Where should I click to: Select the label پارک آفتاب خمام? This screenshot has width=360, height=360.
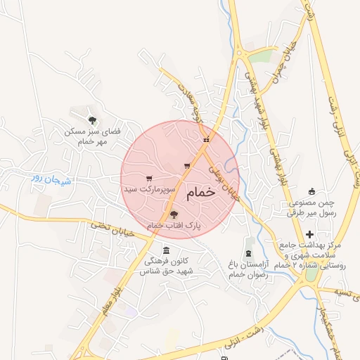click(174, 225)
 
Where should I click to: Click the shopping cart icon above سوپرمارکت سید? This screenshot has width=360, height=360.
click(148, 179)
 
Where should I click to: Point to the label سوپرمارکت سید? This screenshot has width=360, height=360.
click(149, 189)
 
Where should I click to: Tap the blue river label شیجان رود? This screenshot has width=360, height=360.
click(51, 179)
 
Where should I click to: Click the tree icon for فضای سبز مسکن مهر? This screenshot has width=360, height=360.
click(92, 120)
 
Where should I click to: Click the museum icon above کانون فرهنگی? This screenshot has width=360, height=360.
click(166, 250)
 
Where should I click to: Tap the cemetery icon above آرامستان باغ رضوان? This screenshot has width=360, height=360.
click(248, 252)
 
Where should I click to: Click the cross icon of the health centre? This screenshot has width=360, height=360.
click(310, 233)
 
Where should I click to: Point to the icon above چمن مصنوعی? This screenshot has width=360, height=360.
click(313, 191)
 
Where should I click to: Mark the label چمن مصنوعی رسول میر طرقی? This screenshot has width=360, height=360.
click(313, 207)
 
